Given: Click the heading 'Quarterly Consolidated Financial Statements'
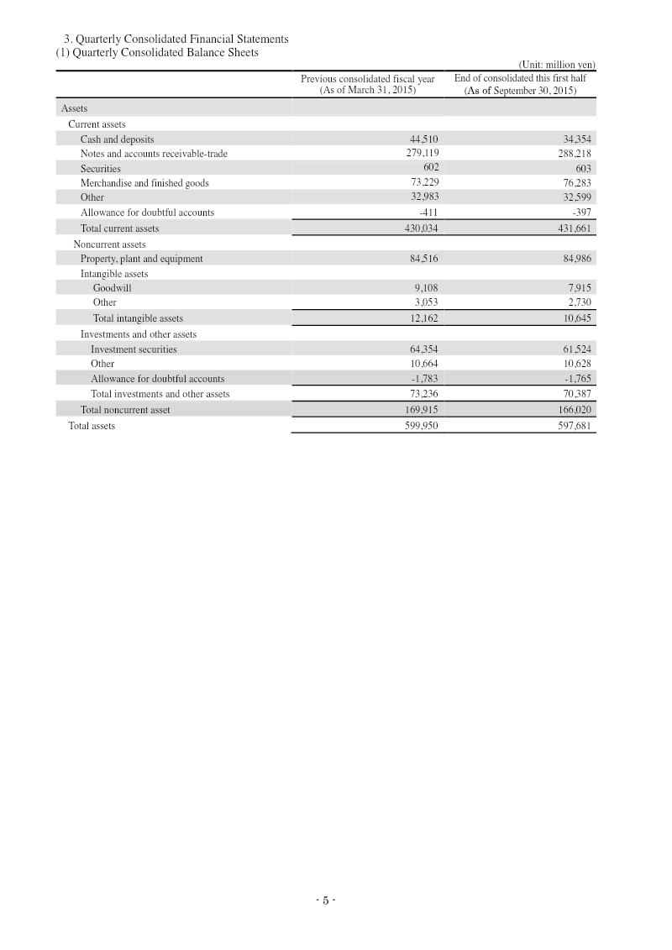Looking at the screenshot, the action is click(x=176, y=39).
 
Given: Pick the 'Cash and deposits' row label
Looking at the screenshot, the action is click(x=117, y=139).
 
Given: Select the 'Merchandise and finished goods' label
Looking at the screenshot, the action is click(x=144, y=183).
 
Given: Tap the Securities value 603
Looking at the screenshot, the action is click(x=583, y=169).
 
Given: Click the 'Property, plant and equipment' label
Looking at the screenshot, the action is click(x=141, y=259).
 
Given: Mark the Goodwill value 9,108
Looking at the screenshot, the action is click(x=423, y=288).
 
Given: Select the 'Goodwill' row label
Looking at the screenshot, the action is click(x=112, y=288).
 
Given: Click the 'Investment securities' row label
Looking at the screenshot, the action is click(x=134, y=349).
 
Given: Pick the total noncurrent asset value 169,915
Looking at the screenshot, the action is click(x=421, y=410).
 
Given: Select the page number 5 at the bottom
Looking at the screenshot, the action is click(x=325, y=901).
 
